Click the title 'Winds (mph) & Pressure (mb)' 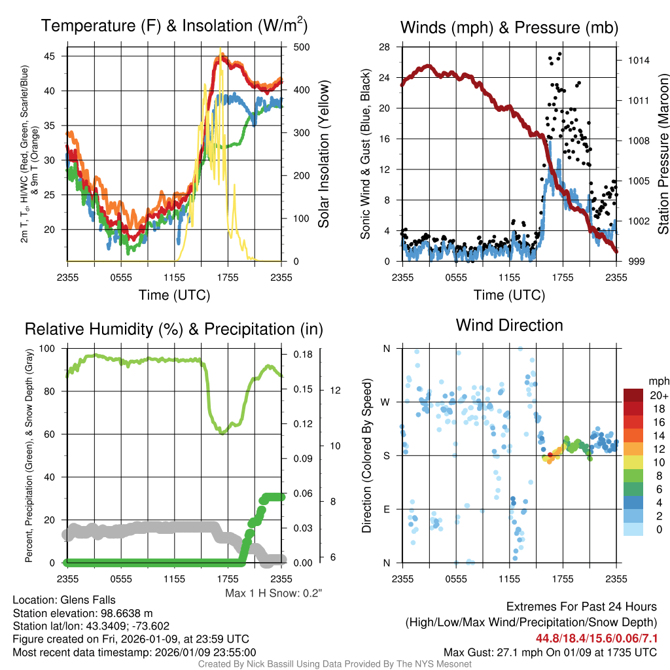(x=509, y=27)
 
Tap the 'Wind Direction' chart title (x=509, y=325)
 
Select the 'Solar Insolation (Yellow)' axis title (x=323, y=154)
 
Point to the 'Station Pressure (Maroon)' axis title (x=662, y=154)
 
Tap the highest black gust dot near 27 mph (x=559, y=54)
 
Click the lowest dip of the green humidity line (x=222, y=432)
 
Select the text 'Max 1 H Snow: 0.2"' (x=274, y=593)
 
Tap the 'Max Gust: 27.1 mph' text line (x=550, y=652)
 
